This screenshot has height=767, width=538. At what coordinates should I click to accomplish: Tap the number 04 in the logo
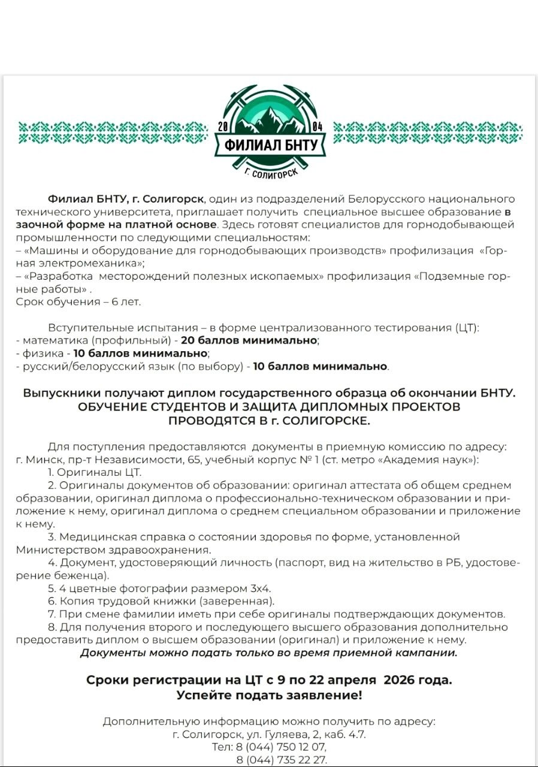pos(317,127)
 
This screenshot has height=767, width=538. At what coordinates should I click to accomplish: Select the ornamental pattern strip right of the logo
pos(428,132)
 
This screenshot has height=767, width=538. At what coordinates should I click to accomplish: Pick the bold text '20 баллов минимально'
pos(249,340)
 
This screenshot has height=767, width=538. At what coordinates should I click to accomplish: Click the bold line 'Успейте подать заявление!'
pos(269,695)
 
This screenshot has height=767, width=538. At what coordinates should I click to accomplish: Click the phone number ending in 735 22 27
pos(282,760)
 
